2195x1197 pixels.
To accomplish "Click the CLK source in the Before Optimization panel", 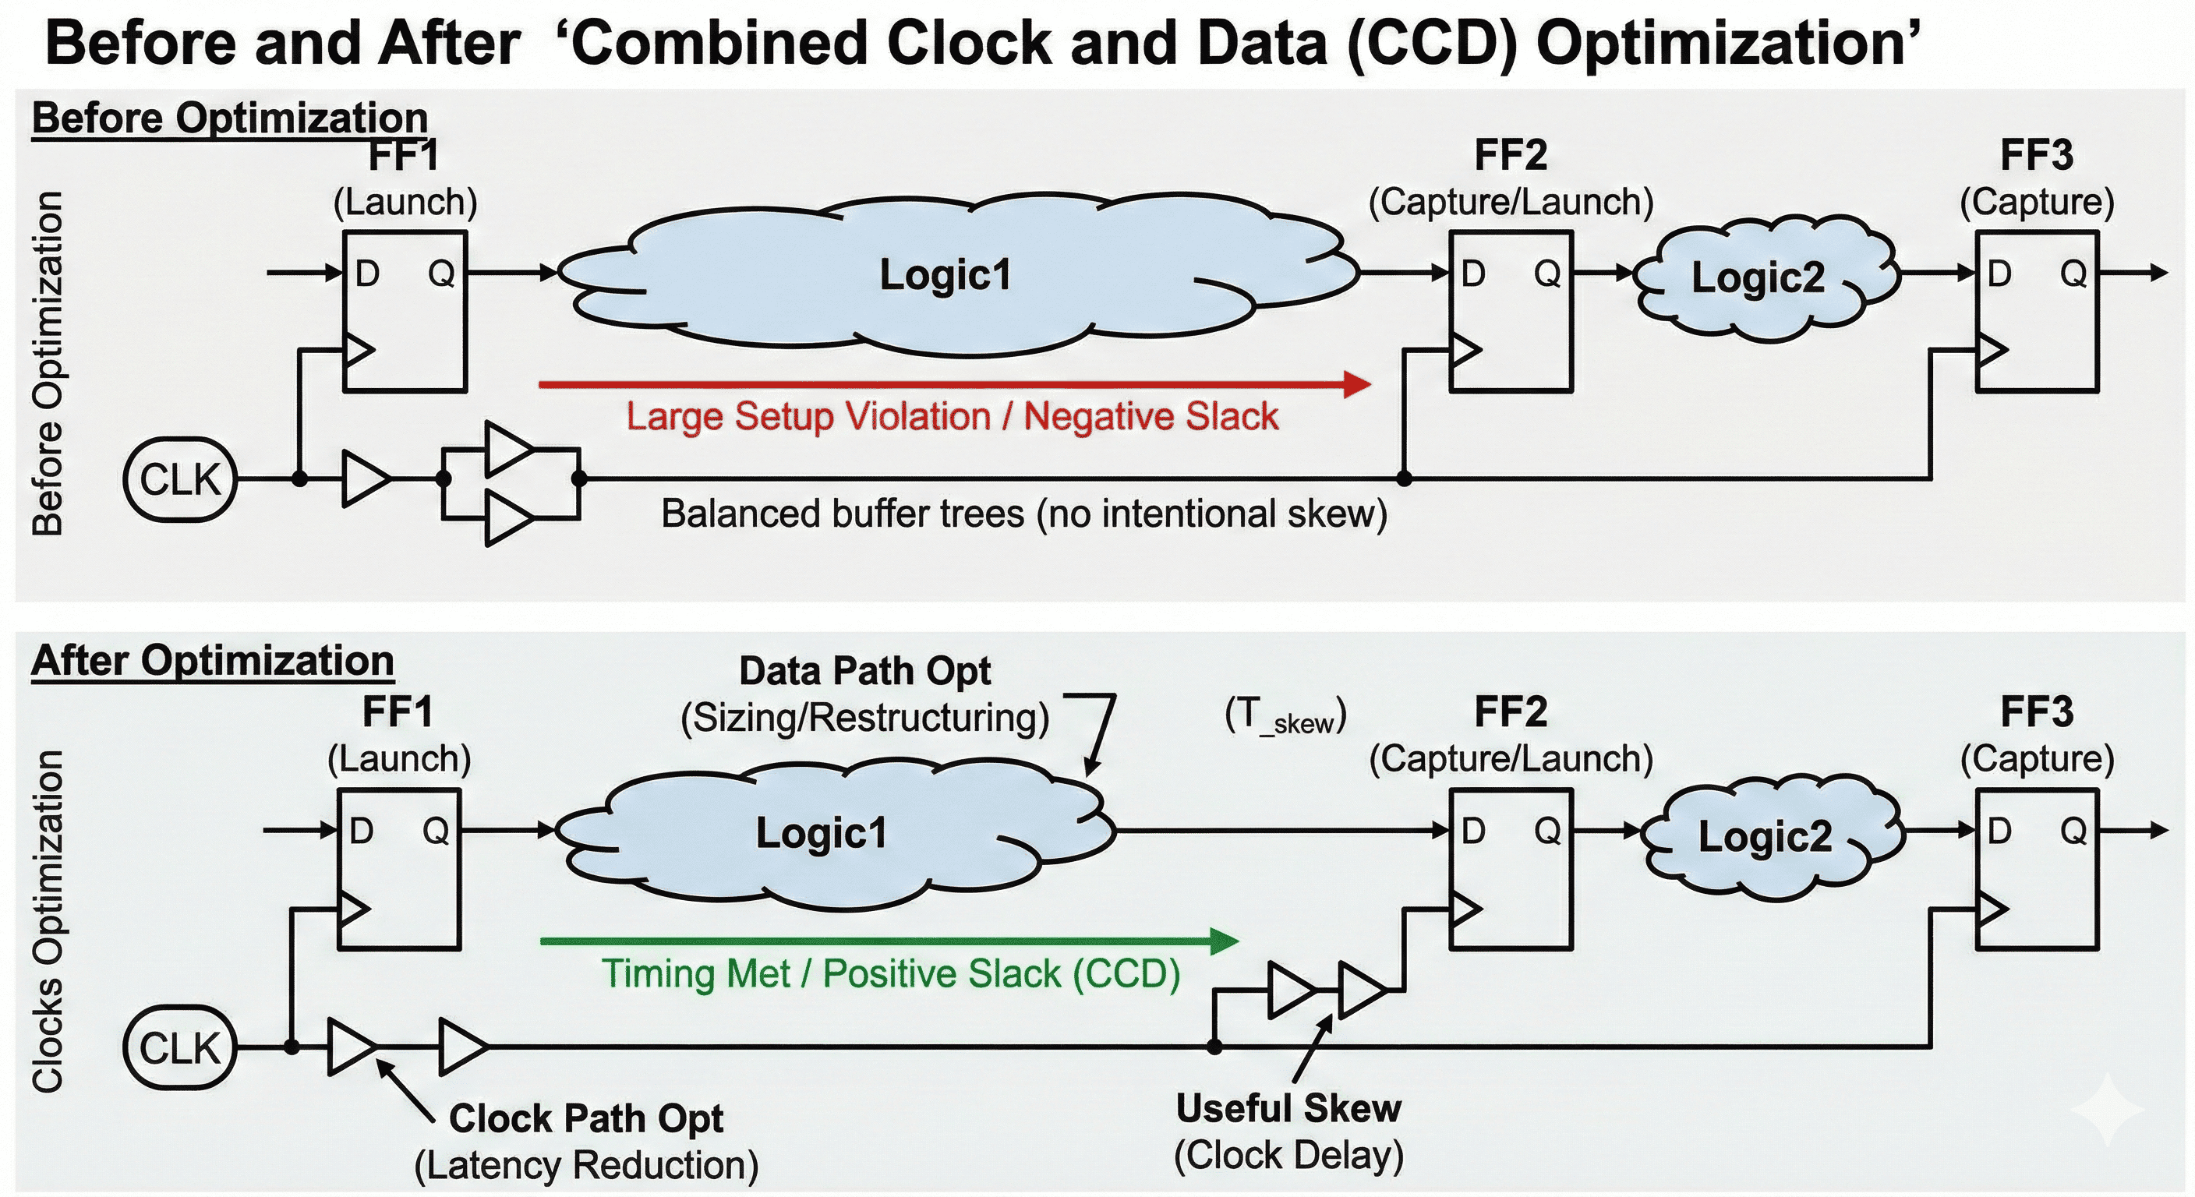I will (180, 478).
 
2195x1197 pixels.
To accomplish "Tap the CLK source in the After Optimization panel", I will (180, 1047).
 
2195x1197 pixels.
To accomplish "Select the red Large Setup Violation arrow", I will (954, 384).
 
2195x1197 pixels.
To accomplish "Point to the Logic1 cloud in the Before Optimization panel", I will (946, 275).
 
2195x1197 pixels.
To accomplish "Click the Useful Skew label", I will (1288, 1108).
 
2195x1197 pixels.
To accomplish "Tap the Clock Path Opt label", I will (586, 1118).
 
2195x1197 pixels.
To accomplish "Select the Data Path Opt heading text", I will (865, 671).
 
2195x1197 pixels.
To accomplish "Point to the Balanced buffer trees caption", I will (1023, 514).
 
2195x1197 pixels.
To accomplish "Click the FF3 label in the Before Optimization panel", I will (2037, 155).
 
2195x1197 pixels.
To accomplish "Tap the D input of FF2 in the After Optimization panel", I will (1473, 831).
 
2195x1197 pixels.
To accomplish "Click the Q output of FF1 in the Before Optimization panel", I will (441, 274).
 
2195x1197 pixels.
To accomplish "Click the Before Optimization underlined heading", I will (229, 118).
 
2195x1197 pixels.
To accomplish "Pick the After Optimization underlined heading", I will (212, 661).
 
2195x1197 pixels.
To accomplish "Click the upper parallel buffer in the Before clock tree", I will (509, 449).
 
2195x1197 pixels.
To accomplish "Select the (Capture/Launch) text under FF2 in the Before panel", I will (1511, 202).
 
